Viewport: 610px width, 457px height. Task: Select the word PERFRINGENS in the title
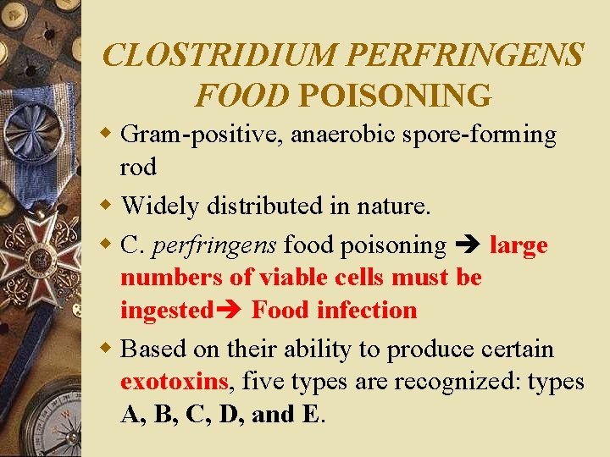point(465,56)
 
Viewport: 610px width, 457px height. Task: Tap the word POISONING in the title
point(395,96)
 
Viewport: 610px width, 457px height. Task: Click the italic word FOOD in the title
point(241,96)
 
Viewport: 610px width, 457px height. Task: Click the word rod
point(138,167)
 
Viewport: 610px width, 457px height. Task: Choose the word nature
point(398,206)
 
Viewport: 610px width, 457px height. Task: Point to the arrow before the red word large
point(469,246)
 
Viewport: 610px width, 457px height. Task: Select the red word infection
point(367,311)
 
